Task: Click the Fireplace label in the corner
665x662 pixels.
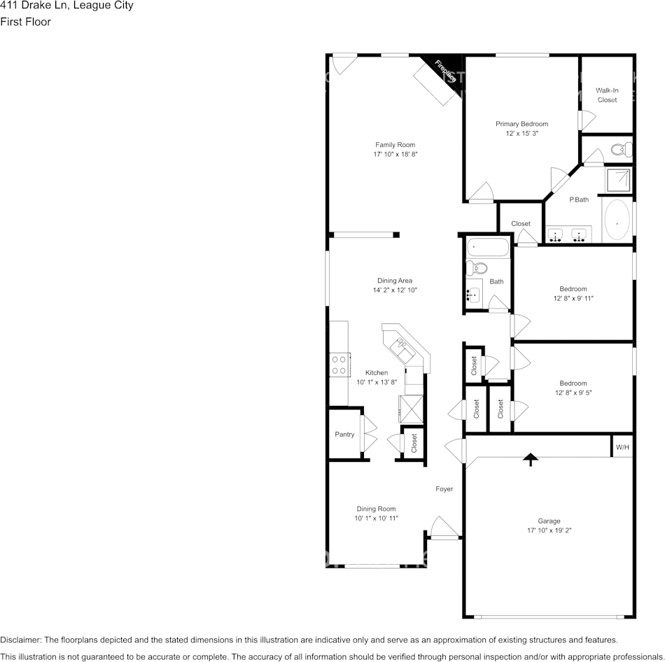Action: pyautogui.click(x=445, y=71)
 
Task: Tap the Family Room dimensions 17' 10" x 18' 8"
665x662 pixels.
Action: pyautogui.click(x=395, y=154)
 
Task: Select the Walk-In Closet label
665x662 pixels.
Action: pyautogui.click(x=607, y=95)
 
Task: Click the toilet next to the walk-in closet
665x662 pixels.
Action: pyautogui.click(x=620, y=149)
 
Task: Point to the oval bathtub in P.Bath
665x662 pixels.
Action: pyautogui.click(x=617, y=221)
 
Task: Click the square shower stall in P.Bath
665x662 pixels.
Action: pyautogui.click(x=618, y=181)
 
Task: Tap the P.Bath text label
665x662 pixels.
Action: pyautogui.click(x=579, y=200)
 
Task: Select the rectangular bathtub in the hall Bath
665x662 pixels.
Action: pyautogui.click(x=488, y=247)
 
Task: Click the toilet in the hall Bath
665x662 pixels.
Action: pyautogui.click(x=479, y=267)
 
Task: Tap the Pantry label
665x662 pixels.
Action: pyautogui.click(x=344, y=435)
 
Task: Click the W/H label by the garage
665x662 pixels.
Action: pyautogui.click(x=622, y=447)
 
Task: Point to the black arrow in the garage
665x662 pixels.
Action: pyautogui.click(x=531, y=459)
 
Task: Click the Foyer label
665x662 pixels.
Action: pyautogui.click(x=444, y=489)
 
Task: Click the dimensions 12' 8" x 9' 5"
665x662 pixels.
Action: pyautogui.click(x=573, y=393)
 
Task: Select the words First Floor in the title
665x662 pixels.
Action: pyautogui.click(x=25, y=22)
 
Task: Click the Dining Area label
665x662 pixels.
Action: pyautogui.click(x=395, y=281)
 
